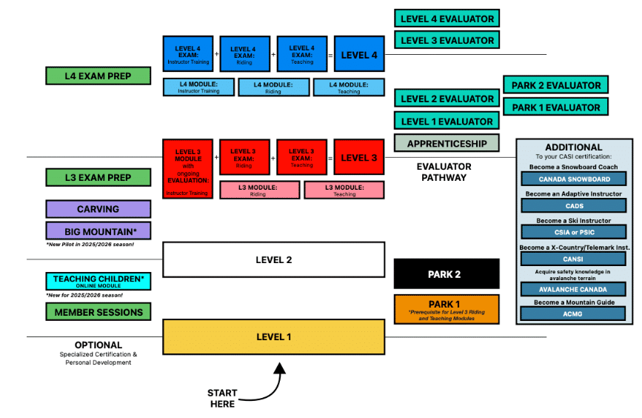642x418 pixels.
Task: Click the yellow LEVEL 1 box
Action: [273, 337]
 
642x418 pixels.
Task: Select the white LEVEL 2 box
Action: [273, 259]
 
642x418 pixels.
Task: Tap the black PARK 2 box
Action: [447, 274]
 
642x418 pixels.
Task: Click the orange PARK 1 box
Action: [447, 308]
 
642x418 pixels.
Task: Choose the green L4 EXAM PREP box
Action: [98, 76]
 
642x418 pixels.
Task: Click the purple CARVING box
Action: [98, 209]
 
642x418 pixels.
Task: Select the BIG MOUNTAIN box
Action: [98, 230]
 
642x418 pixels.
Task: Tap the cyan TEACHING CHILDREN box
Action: [98, 281]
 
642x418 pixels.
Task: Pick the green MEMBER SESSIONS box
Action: [98, 312]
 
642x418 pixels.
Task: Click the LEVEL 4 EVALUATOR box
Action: [447, 18]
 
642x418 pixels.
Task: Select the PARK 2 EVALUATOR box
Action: [555, 84]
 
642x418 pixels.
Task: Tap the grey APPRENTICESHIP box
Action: [447, 143]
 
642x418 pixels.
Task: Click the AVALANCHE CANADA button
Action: [573, 289]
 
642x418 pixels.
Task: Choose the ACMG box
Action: [573, 313]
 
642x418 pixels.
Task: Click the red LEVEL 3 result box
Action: [358, 158]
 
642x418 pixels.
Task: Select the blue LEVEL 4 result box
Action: [358, 54]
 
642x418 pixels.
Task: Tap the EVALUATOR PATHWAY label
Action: [444, 172]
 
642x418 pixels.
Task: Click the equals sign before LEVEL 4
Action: [330, 54]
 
